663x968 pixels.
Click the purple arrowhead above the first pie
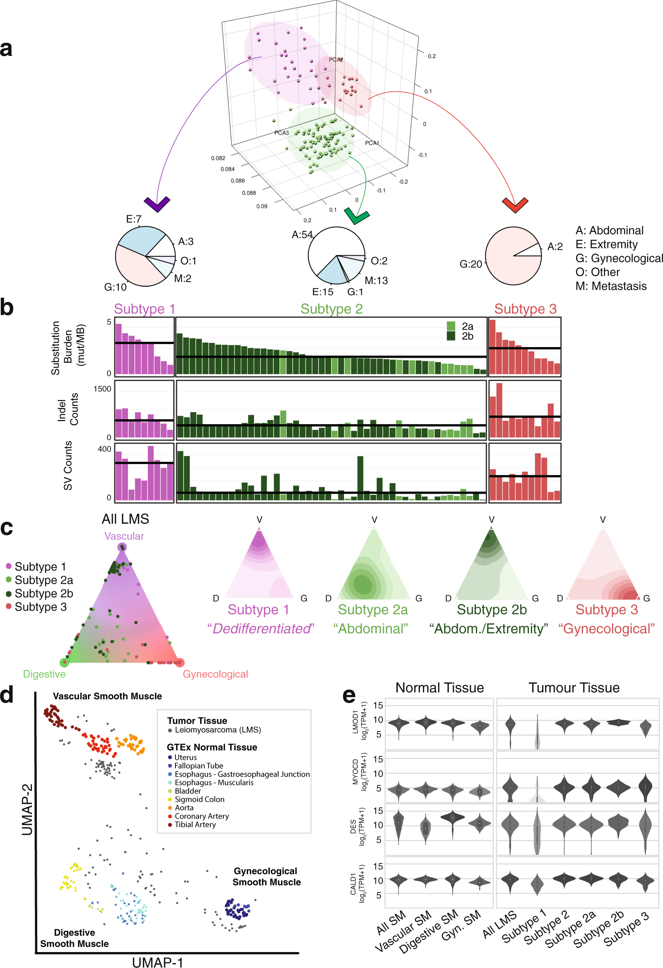point(157,204)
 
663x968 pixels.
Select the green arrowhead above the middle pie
point(357,216)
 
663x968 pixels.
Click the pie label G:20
point(470,264)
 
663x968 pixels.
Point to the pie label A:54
point(302,235)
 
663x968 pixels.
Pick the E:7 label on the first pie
point(134,219)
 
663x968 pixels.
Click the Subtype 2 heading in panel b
point(331,309)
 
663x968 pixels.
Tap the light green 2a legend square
point(451,326)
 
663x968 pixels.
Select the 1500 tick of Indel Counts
point(102,388)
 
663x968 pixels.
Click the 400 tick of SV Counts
point(104,449)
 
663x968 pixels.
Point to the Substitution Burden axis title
point(68,348)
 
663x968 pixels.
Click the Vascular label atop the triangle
point(124,536)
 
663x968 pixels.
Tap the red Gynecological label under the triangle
point(215,674)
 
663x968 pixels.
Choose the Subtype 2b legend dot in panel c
point(9,594)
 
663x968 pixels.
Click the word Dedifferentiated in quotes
point(261,628)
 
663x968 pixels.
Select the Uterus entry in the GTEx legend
point(185,757)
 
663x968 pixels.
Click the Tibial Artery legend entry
point(195,824)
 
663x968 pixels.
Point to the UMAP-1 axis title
point(158,962)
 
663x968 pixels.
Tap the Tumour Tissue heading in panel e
point(574,688)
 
